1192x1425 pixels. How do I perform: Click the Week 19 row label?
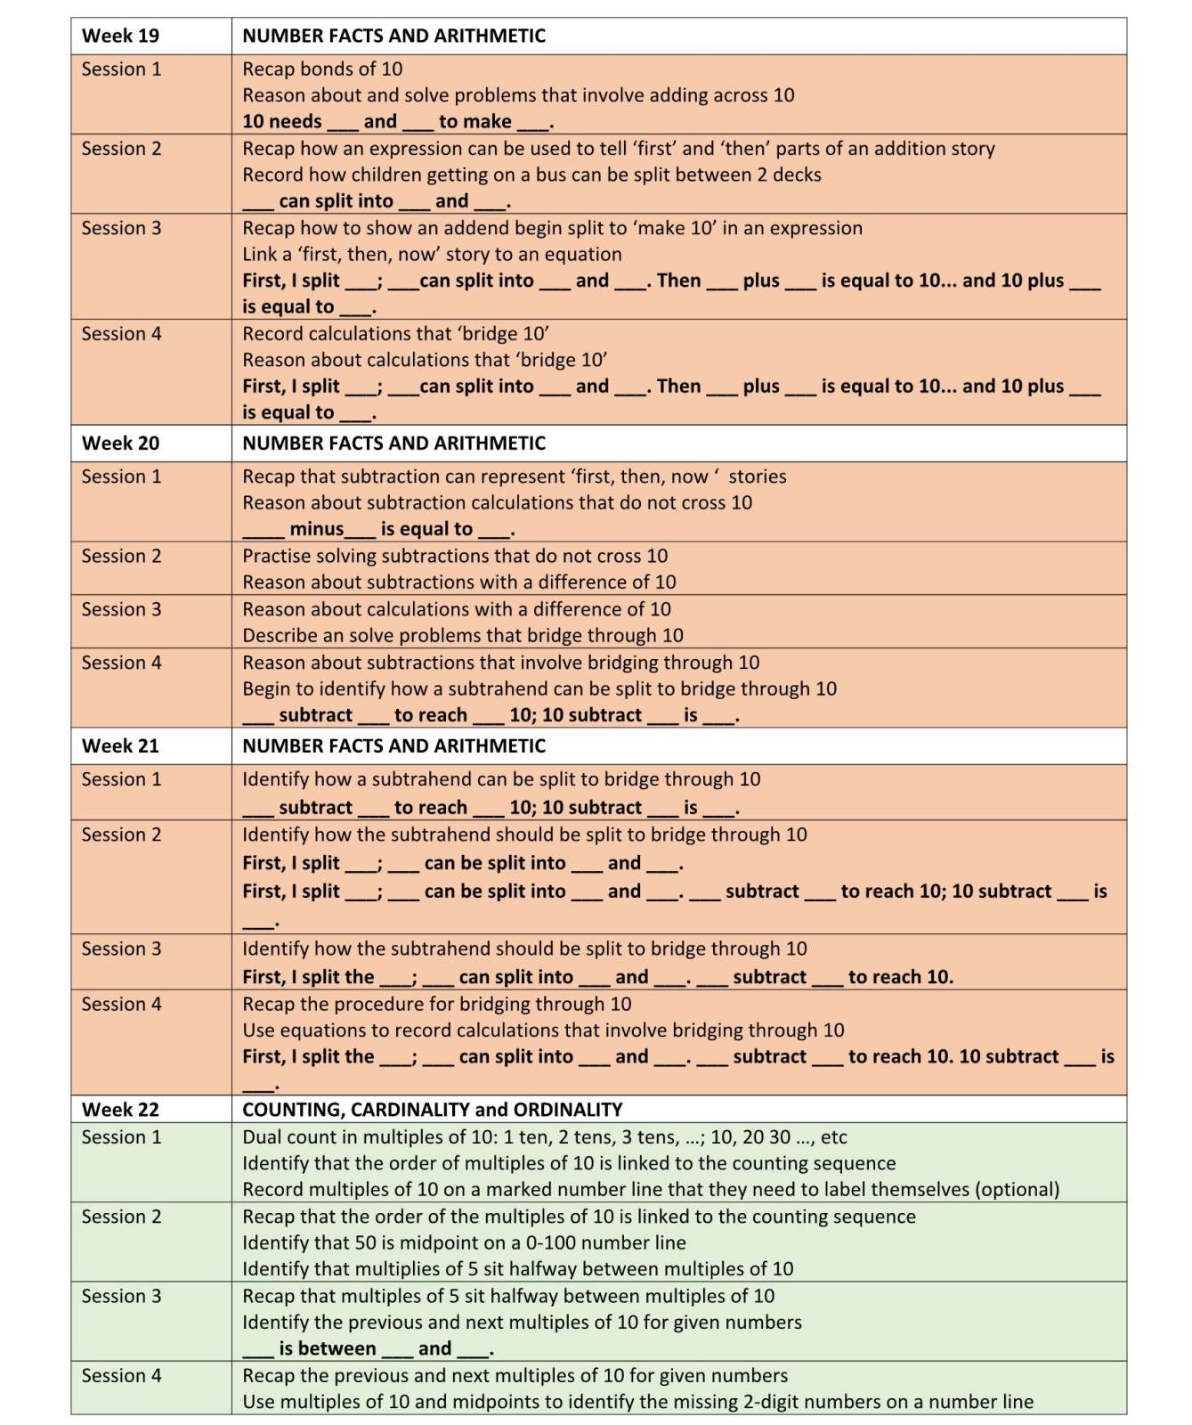(x=120, y=36)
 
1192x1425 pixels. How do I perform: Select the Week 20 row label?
(x=120, y=443)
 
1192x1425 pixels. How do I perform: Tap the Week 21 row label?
(x=120, y=745)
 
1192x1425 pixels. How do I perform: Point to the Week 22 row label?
(x=120, y=1109)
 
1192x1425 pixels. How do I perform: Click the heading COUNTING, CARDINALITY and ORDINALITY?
(x=432, y=1109)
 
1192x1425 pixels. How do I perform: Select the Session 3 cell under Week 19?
(x=122, y=228)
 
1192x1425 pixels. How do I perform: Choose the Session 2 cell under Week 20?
(x=122, y=556)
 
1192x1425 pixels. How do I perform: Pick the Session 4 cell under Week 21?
(x=122, y=1004)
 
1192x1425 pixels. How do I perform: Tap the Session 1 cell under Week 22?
(x=122, y=1136)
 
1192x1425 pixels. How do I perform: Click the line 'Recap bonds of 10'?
(x=322, y=69)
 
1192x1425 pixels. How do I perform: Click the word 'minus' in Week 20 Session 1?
(x=316, y=529)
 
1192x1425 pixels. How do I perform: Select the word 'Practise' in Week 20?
(x=278, y=556)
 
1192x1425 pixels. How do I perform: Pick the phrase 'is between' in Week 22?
(x=327, y=1348)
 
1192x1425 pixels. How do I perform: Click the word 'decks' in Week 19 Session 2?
(x=797, y=175)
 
